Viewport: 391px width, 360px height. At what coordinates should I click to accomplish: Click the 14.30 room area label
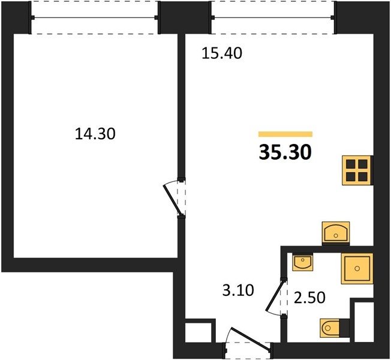[95, 133]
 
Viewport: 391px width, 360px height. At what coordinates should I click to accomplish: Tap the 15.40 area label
[222, 53]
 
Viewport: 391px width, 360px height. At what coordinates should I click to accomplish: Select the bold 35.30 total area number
[285, 152]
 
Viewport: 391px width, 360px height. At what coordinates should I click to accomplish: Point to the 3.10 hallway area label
[238, 290]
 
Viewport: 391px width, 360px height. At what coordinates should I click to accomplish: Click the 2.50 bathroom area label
[309, 298]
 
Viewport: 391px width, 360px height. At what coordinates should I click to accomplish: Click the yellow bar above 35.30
[285, 134]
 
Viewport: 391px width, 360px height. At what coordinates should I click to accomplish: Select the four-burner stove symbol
[357, 170]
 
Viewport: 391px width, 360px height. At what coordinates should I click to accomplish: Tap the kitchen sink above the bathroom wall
[336, 233]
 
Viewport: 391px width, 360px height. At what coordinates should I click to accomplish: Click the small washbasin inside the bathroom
[302, 262]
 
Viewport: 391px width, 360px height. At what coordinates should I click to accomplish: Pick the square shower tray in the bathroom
[357, 268]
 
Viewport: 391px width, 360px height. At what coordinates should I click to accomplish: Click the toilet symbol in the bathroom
[332, 328]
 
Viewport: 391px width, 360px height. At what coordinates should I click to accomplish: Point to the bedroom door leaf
[173, 199]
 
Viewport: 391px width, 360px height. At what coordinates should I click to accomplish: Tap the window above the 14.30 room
[95, 17]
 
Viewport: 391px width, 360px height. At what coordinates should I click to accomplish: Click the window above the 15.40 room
[273, 17]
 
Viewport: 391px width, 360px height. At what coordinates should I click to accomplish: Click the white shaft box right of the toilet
[364, 322]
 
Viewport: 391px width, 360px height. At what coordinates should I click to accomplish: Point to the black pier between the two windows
[185, 17]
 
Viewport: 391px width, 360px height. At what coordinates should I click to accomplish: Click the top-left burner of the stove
[351, 164]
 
